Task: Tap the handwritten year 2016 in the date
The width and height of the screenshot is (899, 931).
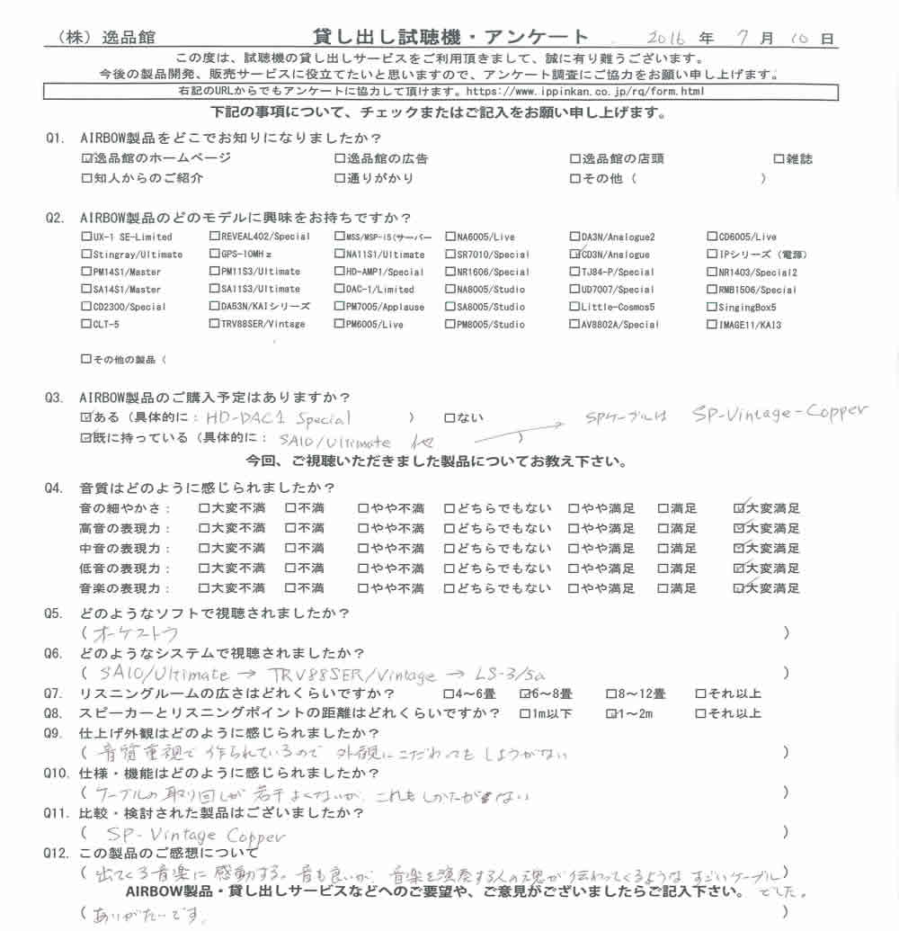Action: [667, 38]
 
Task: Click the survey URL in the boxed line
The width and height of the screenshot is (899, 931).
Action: [584, 92]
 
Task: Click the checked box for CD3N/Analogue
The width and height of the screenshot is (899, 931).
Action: [574, 255]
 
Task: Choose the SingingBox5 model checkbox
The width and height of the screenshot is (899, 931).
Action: [711, 307]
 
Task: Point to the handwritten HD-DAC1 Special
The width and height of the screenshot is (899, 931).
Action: [279, 418]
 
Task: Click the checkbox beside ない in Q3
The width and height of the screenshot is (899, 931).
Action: [449, 418]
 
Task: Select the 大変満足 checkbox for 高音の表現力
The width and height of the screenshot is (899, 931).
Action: [740, 528]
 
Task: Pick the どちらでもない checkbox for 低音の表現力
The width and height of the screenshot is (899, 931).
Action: [449, 568]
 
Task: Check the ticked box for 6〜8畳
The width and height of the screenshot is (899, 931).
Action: [526, 694]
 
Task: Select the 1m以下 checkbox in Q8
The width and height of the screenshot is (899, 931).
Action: [525, 714]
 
